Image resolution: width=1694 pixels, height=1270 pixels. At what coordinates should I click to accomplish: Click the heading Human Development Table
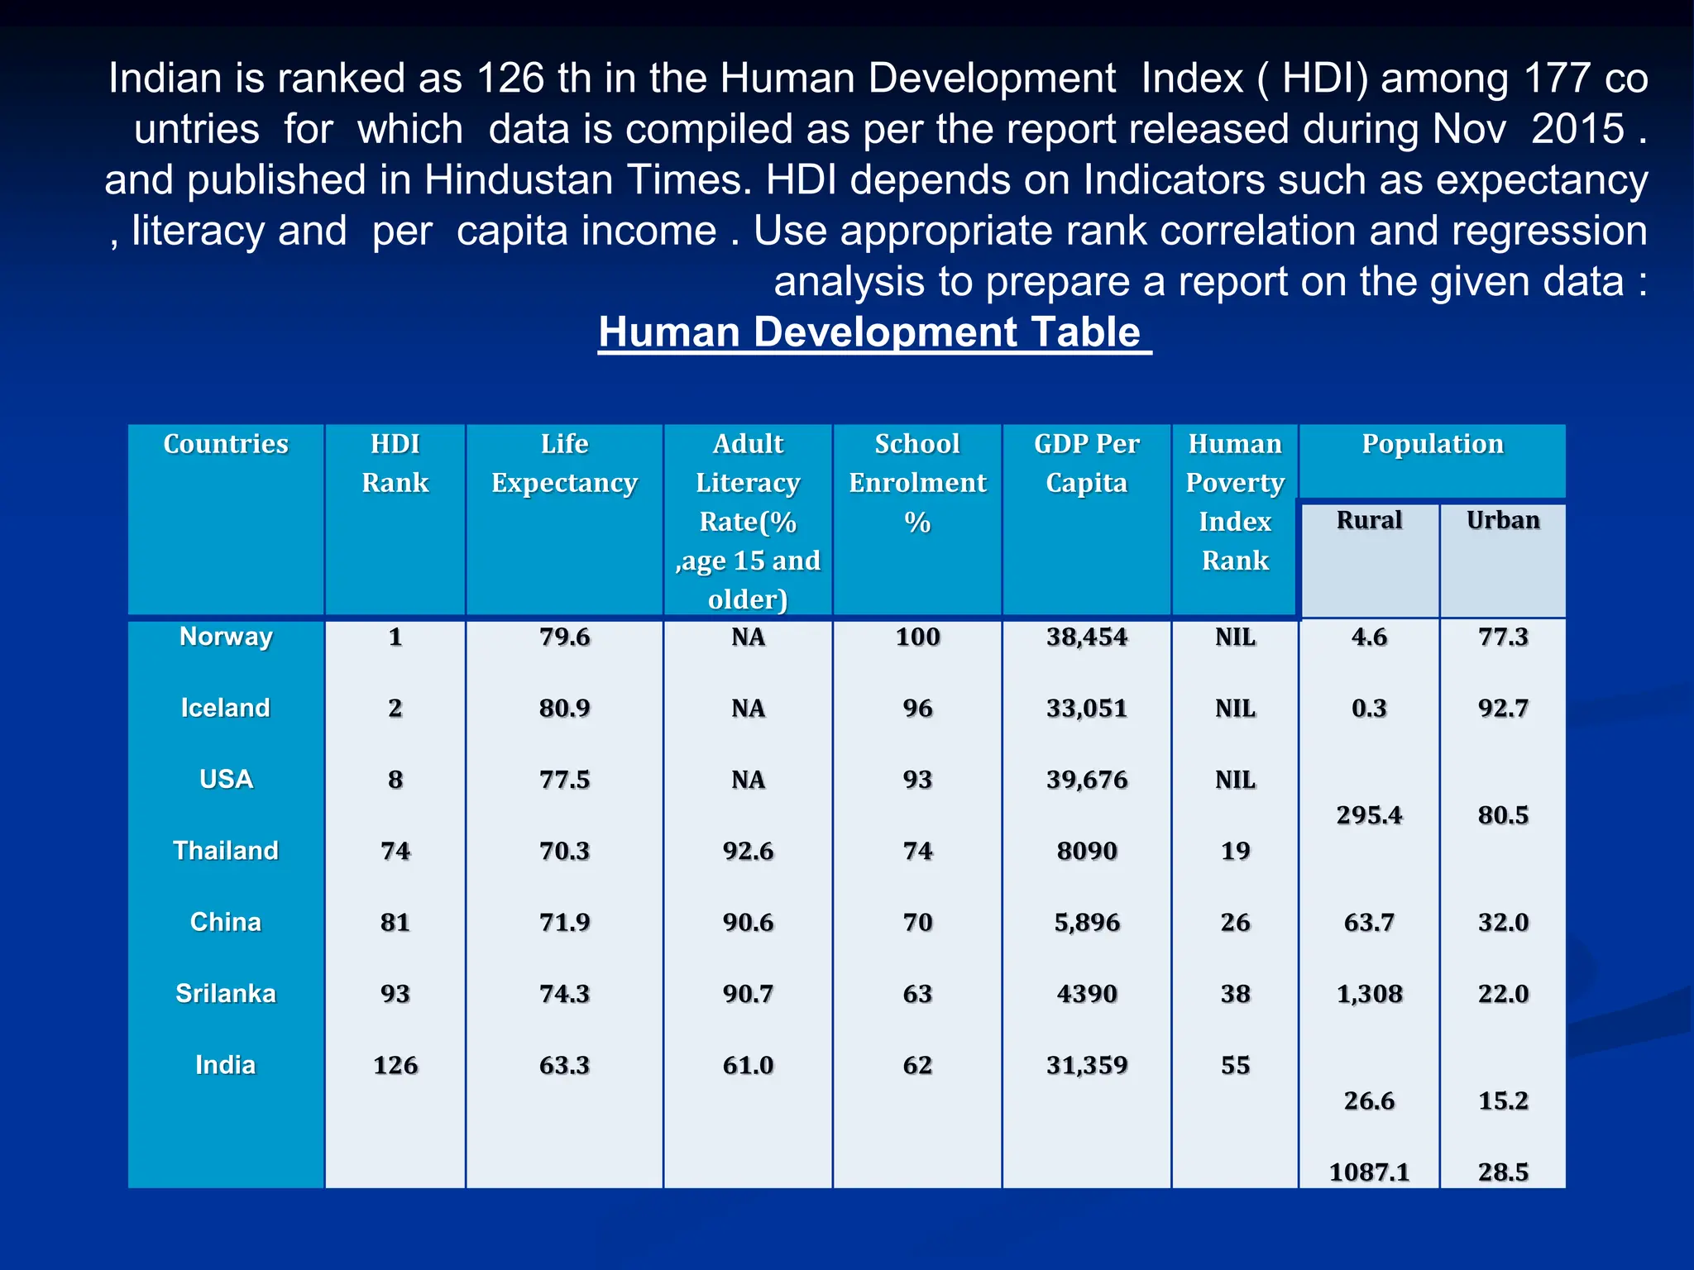click(x=873, y=332)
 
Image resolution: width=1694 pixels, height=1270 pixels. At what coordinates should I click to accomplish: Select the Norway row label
click(x=226, y=637)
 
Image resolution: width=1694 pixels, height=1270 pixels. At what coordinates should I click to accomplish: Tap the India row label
click(x=226, y=1065)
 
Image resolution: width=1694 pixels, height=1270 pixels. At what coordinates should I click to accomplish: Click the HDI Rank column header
click(x=395, y=463)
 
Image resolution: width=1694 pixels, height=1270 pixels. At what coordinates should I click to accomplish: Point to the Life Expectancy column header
click(x=564, y=463)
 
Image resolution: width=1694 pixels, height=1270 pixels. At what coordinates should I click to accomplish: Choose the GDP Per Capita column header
click(x=1086, y=463)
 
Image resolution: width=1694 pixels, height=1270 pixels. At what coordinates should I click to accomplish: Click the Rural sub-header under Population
click(x=1369, y=520)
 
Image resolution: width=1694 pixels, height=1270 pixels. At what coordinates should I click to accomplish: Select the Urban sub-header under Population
click(x=1503, y=520)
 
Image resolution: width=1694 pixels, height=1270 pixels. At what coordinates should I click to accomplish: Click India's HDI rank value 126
click(x=395, y=1065)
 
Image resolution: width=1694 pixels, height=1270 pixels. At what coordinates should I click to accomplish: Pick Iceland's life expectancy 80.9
click(x=564, y=709)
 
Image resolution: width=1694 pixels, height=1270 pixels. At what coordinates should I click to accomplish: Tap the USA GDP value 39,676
click(x=1086, y=780)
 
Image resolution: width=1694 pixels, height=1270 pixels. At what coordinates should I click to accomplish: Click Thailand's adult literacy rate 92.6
click(x=748, y=851)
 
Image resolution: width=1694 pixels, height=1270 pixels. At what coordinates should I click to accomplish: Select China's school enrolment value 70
click(x=917, y=922)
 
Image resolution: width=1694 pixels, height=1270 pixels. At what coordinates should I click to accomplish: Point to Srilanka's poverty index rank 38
click(x=1235, y=994)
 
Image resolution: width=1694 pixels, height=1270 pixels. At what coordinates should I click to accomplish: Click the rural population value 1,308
click(x=1369, y=994)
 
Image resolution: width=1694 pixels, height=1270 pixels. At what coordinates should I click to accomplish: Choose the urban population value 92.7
click(x=1503, y=709)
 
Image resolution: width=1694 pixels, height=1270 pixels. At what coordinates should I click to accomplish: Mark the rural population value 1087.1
click(x=1369, y=1172)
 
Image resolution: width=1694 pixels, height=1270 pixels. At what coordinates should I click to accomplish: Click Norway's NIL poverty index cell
click(x=1235, y=637)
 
